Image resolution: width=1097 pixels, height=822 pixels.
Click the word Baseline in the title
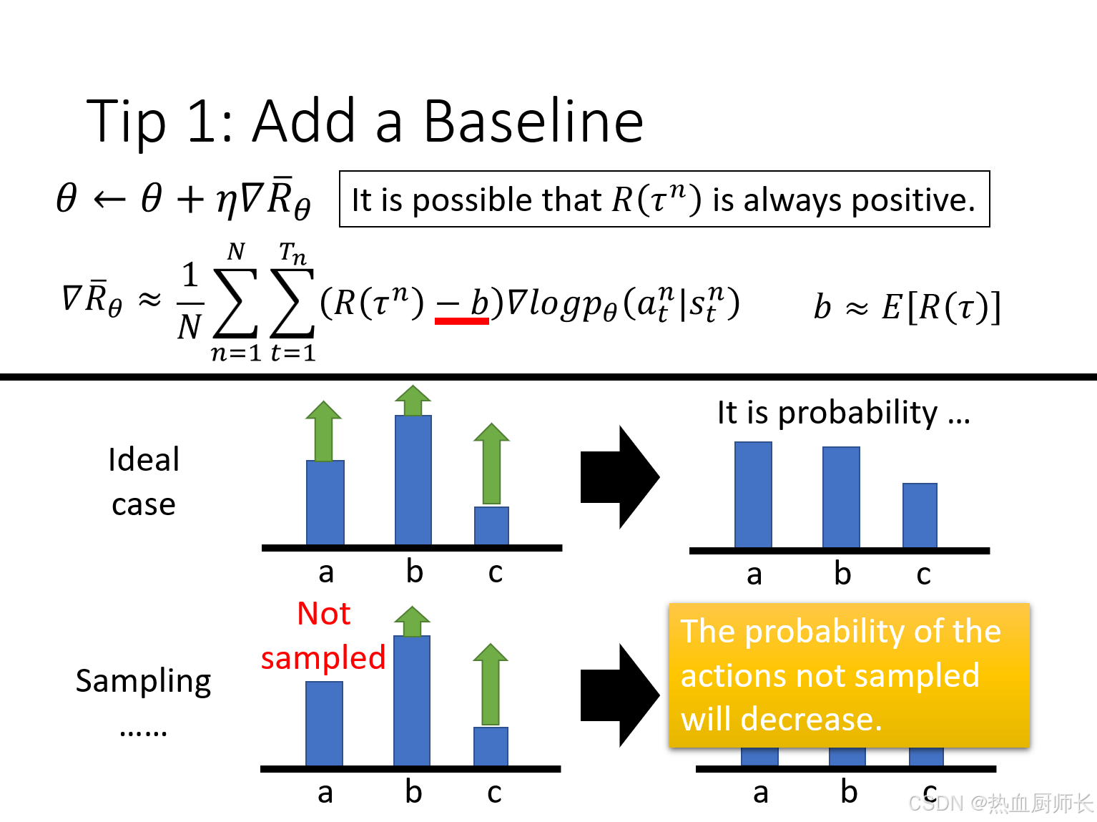tap(533, 122)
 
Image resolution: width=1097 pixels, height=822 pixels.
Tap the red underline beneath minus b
tap(461, 321)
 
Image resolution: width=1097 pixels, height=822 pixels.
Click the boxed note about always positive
tap(664, 199)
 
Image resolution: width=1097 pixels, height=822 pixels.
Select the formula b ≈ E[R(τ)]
tap(907, 306)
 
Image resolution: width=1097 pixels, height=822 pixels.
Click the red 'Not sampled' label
tap(323, 635)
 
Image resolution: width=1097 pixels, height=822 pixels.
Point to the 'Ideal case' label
tap(144, 481)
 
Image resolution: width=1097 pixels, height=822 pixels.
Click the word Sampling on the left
tap(144, 682)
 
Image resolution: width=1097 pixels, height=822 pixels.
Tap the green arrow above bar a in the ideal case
tap(324, 431)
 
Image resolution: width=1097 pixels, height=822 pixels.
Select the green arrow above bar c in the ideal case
tap(491, 464)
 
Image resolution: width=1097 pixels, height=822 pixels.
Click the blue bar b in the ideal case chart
tap(413, 480)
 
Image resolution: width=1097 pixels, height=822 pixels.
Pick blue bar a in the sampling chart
tap(325, 723)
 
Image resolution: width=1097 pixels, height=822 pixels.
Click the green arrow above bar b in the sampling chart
tap(413, 622)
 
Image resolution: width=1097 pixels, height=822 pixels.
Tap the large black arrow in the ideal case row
tap(620, 477)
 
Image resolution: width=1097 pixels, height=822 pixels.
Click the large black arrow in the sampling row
tap(620, 695)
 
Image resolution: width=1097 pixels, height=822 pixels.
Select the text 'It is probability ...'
tap(844, 414)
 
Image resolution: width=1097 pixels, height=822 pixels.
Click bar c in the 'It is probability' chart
tap(920, 516)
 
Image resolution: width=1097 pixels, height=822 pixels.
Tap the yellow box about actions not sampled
tap(850, 675)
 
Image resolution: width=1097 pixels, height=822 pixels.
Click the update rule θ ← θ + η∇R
tap(183, 198)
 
